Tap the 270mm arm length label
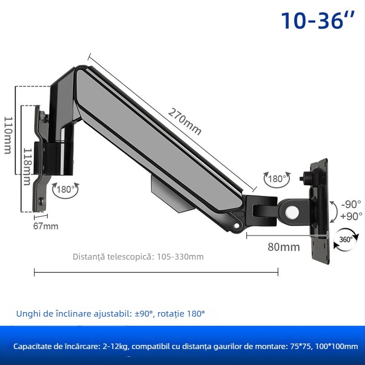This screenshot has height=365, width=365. coord(184,121)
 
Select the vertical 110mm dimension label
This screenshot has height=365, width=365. coord(8,135)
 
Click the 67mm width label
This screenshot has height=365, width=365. coord(46,226)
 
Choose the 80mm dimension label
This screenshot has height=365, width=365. coord(283,247)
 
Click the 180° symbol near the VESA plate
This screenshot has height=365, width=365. coord(276,179)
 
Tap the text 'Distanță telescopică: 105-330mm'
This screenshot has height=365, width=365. coord(138,256)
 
